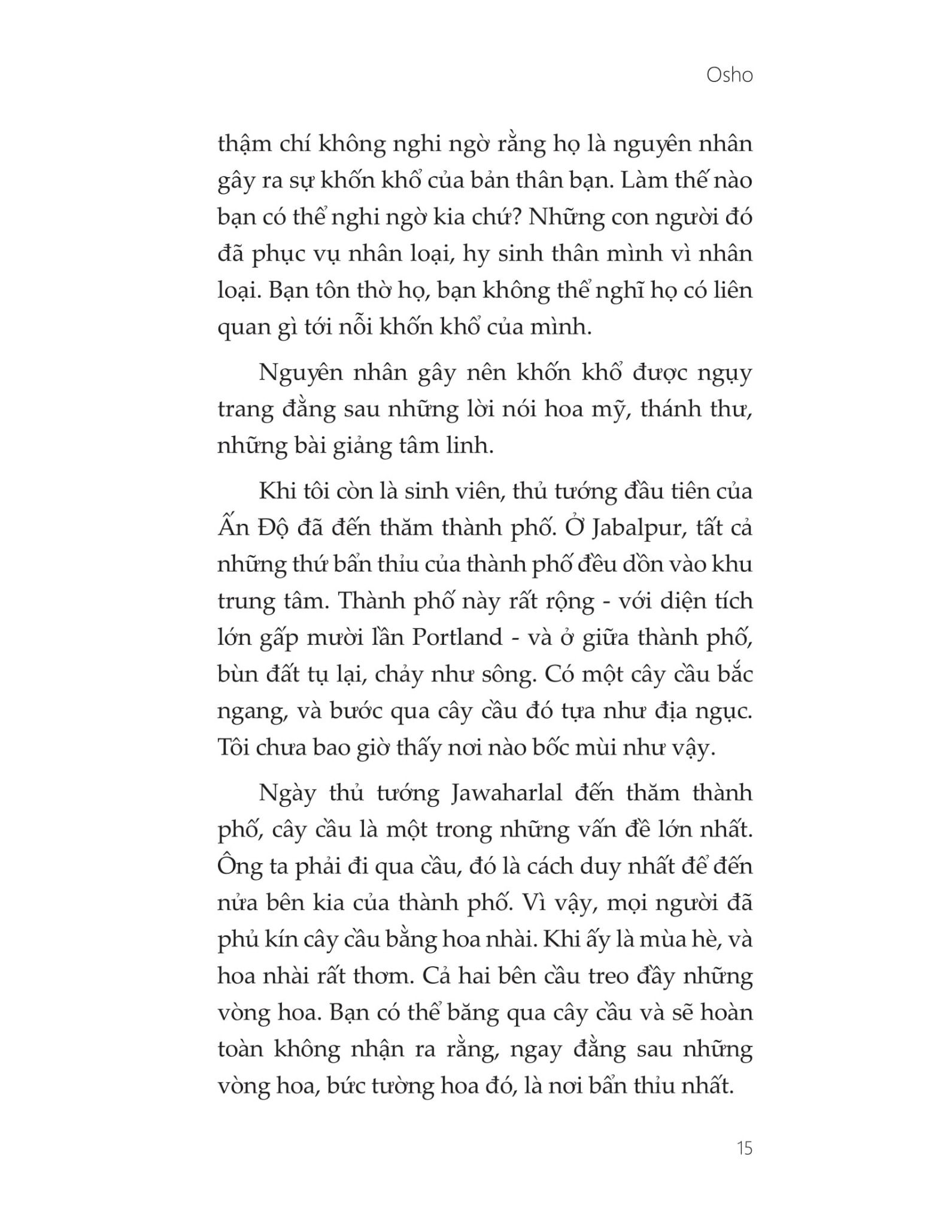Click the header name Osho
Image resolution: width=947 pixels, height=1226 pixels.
pos(729,75)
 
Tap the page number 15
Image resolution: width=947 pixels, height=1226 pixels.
pos(744,1148)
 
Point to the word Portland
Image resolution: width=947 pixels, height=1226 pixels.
pos(457,637)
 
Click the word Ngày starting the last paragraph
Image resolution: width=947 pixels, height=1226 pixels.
pos(287,793)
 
